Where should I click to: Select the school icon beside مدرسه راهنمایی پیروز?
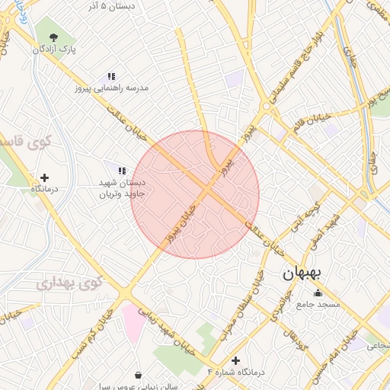click(111, 76)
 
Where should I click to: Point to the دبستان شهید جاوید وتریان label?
click(121, 188)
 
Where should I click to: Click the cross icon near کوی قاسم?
click(44, 177)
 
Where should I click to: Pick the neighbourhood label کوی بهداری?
click(66, 283)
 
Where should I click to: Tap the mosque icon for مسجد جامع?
click(318, 293)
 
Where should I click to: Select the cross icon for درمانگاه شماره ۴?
click(236, 360)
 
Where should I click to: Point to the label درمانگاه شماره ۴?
click(235, 372)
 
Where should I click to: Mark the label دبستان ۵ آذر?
click(111, 5)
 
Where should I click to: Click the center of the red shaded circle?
click(195, 194)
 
